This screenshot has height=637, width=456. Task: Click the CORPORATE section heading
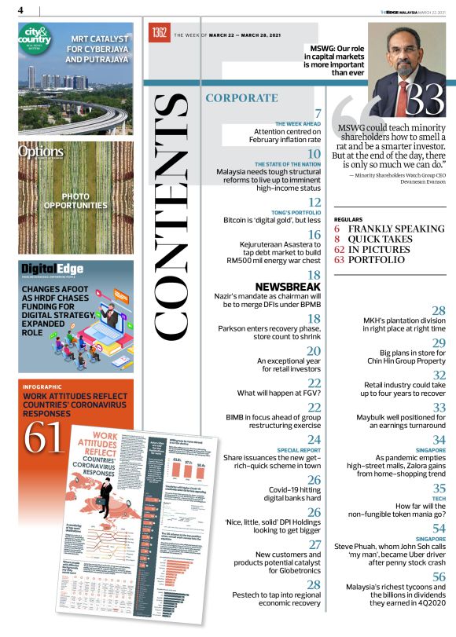pos(241,98)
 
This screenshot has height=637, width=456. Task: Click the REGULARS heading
pos(348,219)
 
